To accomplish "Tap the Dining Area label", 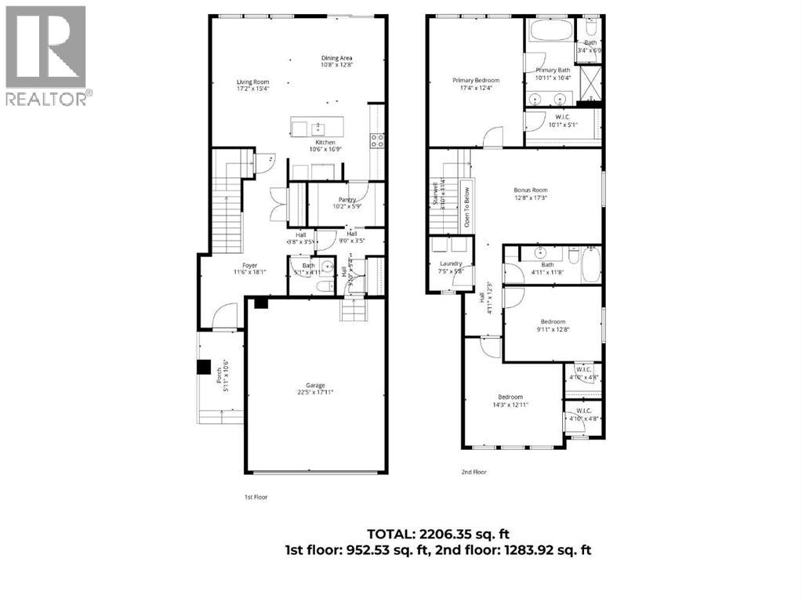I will coord(336,58).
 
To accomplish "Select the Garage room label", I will coord(315,386).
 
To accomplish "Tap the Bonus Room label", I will coord(531,190).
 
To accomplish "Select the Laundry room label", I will coord(451,263).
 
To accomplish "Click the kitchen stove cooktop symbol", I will coord(377,140).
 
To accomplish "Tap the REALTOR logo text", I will coord(49,99).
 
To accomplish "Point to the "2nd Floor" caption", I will coord(474,472).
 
